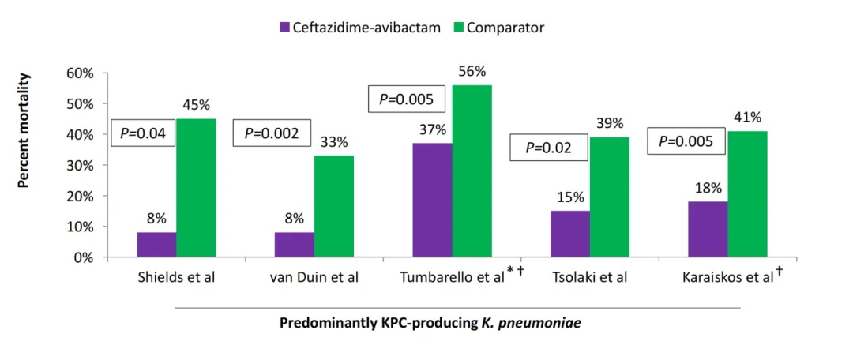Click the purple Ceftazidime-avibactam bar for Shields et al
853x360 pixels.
pyautogui.click(x=156, y=245)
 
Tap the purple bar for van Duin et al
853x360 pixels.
pyautogui.click(x=295, y=245)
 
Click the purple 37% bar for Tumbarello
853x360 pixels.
pyautogui.click(x=433, y=201)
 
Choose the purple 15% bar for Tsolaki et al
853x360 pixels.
pyautogui.click(x=570, y=234)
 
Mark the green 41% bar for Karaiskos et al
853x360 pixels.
pyautogui.click(x=747, y=194)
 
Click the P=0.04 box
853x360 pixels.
pyautogui.click(x=142, y=133)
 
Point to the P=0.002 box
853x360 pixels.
pyautogui.click(x=272, y=133)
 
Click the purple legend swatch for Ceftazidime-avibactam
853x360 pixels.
pyautogui.click(x=285, y=28)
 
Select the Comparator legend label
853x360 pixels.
pyautogui.click(x=505, y=28)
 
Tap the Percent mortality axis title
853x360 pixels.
pyautogui.click(x=24, y=130)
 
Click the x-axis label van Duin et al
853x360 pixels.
pyautogui.click(x=314, y=277)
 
